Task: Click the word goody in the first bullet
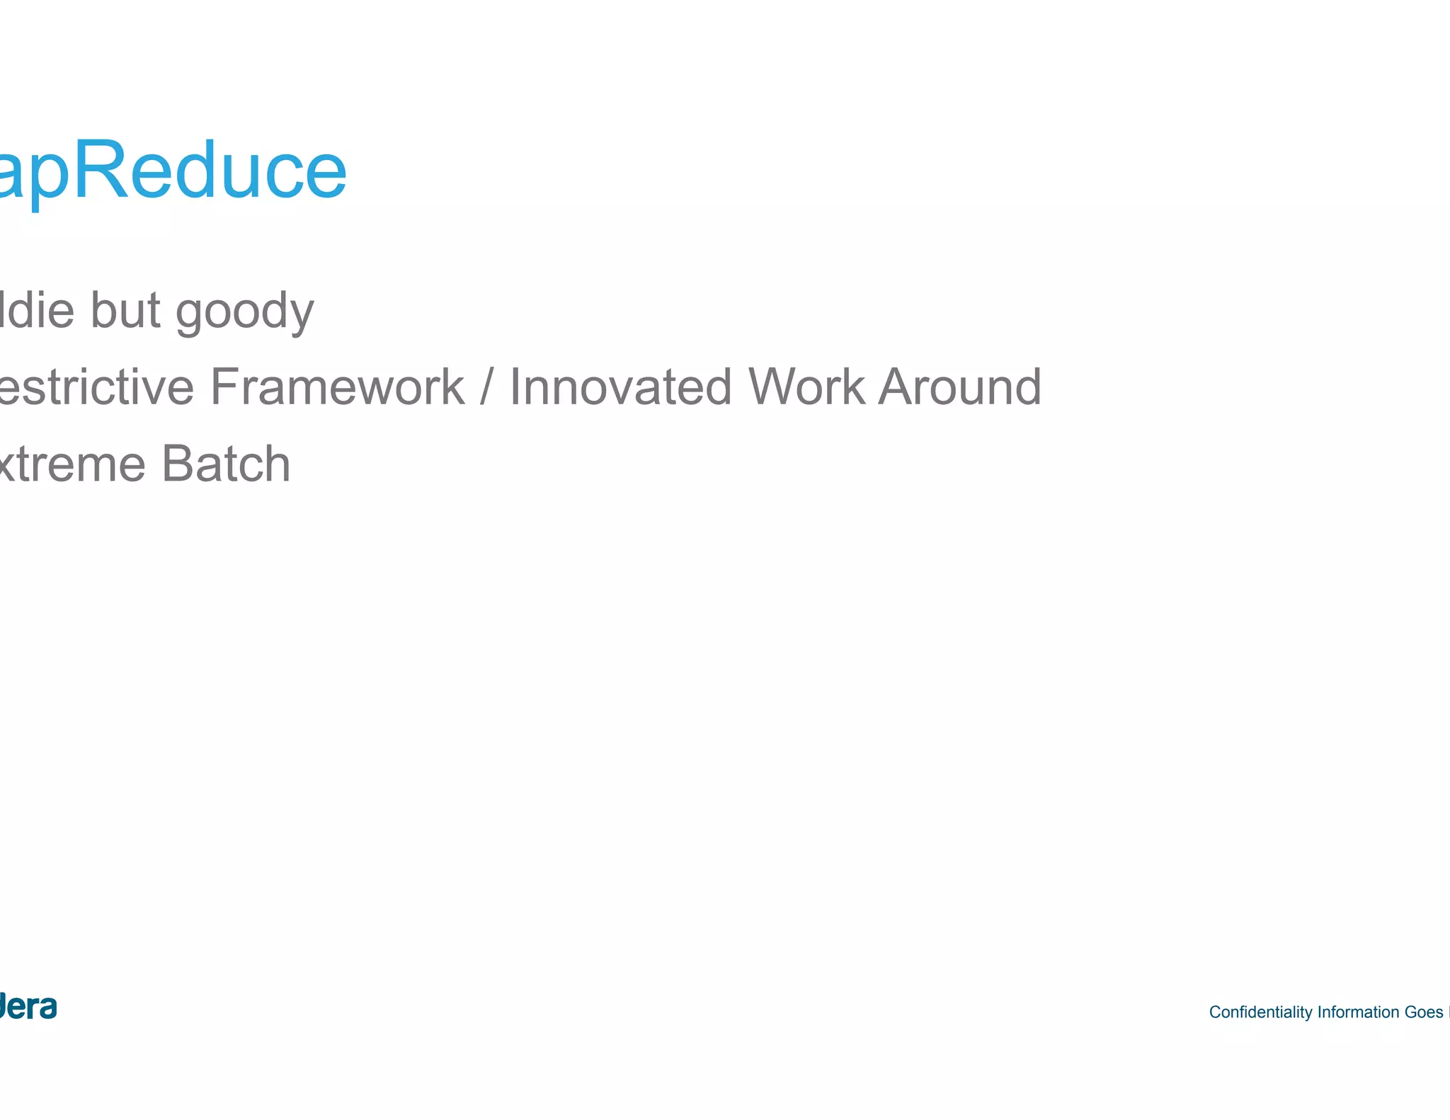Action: tap(244, 312)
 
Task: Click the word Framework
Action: tap(337, 387)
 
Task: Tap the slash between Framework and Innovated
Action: tap(486, 387)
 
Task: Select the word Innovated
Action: tap(620, 387)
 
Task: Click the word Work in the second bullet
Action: tap(806, 387)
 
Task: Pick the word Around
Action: tap(960, 387)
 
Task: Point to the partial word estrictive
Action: tap(96, 387)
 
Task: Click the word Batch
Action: tap(226, 464)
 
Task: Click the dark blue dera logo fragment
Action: tap(28, 1006)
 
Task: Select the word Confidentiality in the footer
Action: tap(1260, 1012)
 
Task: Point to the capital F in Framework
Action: tap(225, 387)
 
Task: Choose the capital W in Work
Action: tap(772, 387)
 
